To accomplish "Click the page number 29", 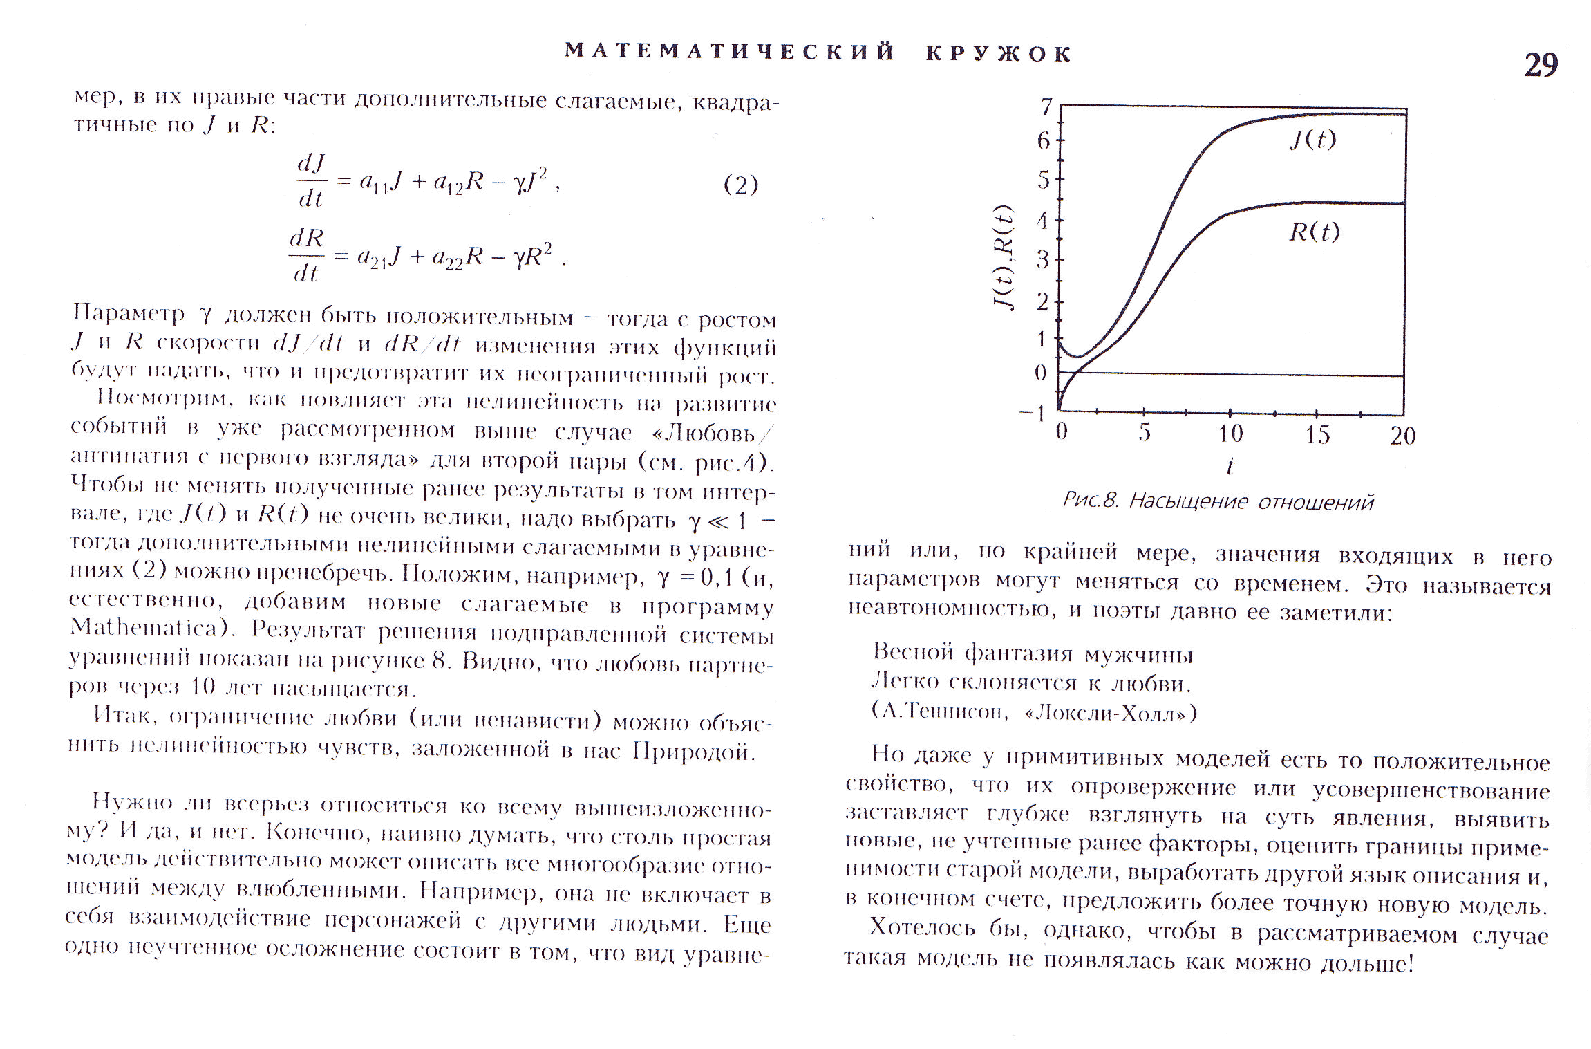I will click(1541, 66).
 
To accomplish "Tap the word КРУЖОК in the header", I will click(999, 54).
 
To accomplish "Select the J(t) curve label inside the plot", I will click(1312, 140).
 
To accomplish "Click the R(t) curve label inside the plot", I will click(1314, 232).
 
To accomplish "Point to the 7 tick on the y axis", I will click(1046, 107).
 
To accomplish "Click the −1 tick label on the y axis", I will click(1033, 413).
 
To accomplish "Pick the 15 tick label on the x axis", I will click(1317, 435).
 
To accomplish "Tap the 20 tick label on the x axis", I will click(1402, 436).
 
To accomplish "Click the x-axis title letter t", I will click(1229, 466).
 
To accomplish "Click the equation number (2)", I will click(740, 185).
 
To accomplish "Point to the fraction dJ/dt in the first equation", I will click(311, 181).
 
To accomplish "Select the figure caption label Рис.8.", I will click(1090, 501).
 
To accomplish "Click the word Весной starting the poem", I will click(912, 651).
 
